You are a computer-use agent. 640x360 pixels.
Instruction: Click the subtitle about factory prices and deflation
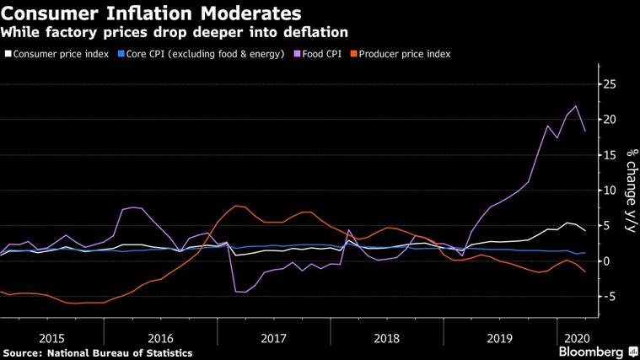pyautogui.click(x=175, y=33)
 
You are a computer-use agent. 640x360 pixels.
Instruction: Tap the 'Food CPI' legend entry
pyautogui.click(x=322, y=54)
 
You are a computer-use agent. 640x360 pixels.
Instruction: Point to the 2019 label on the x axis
pyautogui.click(x=499, y=336)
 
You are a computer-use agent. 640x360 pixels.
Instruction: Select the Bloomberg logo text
pyautogui.click(x=590, y=351)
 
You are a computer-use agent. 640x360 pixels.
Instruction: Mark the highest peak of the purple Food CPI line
pyautogui.click(x=576, y=106)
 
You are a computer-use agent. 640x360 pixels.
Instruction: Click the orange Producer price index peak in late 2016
pyautogui.click(x=235, y=205)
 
